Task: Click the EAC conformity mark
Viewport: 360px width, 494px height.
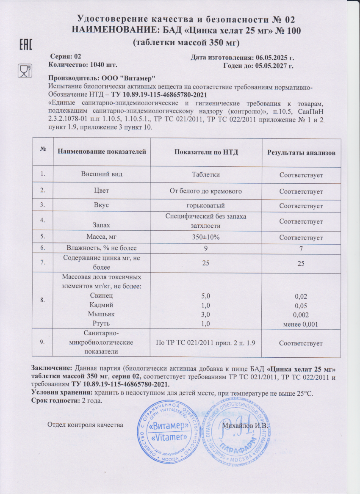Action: [27, 45]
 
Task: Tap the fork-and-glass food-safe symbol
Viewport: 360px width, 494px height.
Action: [24, 71]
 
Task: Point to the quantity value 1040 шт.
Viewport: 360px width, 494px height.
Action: [102, 65]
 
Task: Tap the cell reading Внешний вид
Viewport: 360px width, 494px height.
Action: [102, 174]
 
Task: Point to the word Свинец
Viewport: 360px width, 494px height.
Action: [102, 296]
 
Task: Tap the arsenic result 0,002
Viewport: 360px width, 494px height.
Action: [301, 315]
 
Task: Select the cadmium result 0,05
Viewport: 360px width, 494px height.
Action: [301, 305]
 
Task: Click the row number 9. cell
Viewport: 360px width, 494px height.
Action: [42, 342]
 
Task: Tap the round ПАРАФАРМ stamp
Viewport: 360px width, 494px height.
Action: [235, 433]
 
